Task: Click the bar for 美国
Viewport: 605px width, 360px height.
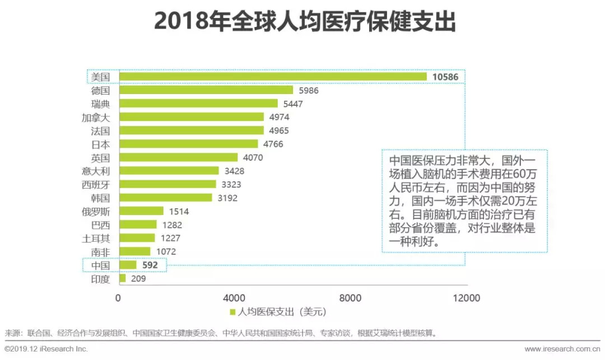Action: pos(272,77)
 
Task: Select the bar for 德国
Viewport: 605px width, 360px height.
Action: pos(206,90)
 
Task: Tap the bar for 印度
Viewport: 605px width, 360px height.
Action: pos(122,278)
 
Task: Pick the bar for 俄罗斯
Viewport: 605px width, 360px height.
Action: pos(141,211)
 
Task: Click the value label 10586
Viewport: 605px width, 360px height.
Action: pos(445,77)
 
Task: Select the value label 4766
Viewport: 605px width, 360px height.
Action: pos(272,144)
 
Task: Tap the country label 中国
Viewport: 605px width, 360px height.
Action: pos(101,265)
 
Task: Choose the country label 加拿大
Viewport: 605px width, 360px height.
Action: pos(96,117)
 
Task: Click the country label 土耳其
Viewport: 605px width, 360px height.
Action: pos(96,238)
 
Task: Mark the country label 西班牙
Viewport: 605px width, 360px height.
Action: pos(96,184)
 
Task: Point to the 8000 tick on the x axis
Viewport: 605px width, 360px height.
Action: pos(351,298)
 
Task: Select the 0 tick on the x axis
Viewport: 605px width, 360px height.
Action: pos(118,298)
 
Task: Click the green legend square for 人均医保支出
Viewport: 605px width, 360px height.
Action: pos(232,312)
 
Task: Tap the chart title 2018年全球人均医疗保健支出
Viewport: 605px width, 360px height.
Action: pos(305,22)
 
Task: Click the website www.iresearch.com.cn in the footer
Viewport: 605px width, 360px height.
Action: pos(562,349)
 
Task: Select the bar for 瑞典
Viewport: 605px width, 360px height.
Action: pos(198,104)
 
